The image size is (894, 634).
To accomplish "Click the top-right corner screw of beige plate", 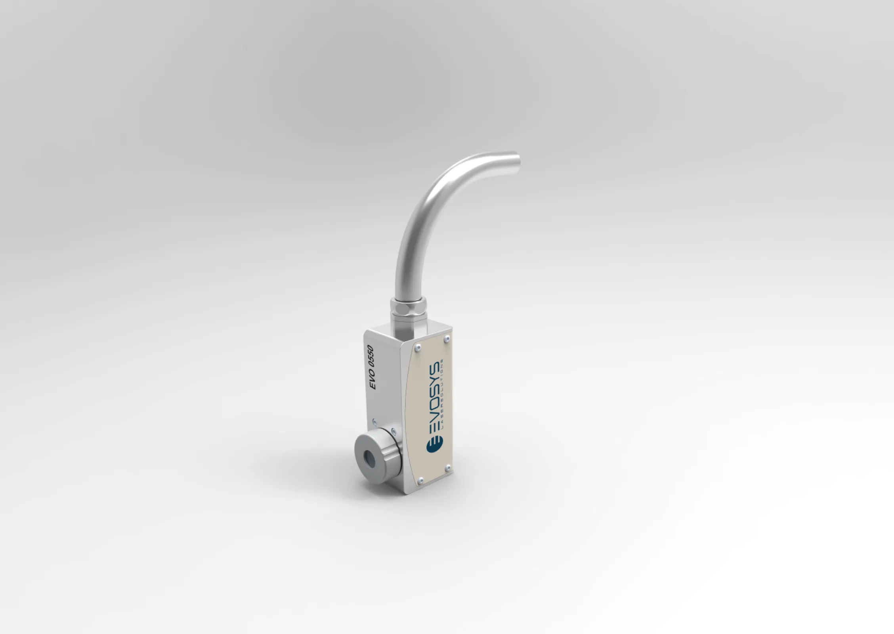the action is point(447,338).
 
